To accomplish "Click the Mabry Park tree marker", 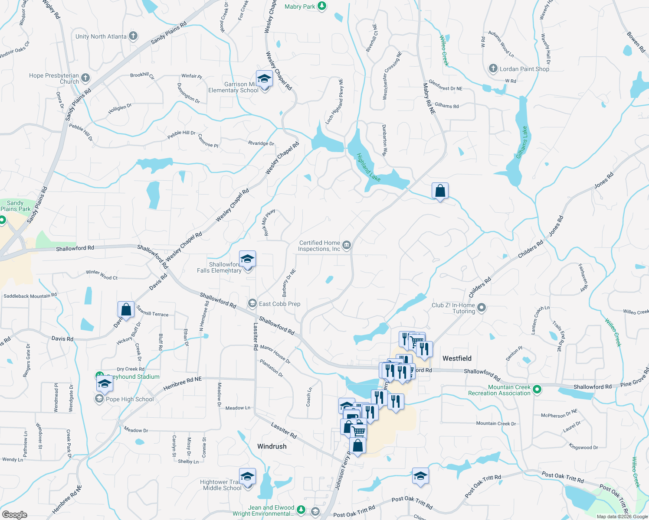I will (x=321, y=6).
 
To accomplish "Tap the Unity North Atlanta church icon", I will (x=133, y=36).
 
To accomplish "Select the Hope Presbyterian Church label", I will (x=54, y=78).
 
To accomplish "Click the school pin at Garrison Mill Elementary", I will (x=264, y=79).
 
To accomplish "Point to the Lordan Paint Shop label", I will (x=524, y=69).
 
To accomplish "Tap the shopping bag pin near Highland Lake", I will (x=440, y=191).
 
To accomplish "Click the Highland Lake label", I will (x=368, y=167).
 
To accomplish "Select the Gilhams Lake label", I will (x=522, y=142).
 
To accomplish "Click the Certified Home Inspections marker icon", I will (x=346, y=246).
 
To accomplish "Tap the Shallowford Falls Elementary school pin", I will (x=247, y=259).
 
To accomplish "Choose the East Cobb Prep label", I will (x=279, y=304).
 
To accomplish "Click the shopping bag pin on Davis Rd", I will (x=126, y=309).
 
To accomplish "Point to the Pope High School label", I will (x=130, y=399).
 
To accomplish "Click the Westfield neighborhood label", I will (x=457, y=358).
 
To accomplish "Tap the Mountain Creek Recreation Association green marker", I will (x=537, y=390).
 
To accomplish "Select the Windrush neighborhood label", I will (x=272, y=446).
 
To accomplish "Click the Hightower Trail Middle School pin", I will (x=247, y=477).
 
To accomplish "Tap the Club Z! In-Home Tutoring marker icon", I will (x=481, y=308).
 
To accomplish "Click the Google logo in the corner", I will (x=14, y=514).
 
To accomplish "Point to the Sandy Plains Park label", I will (x=16, y=206).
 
